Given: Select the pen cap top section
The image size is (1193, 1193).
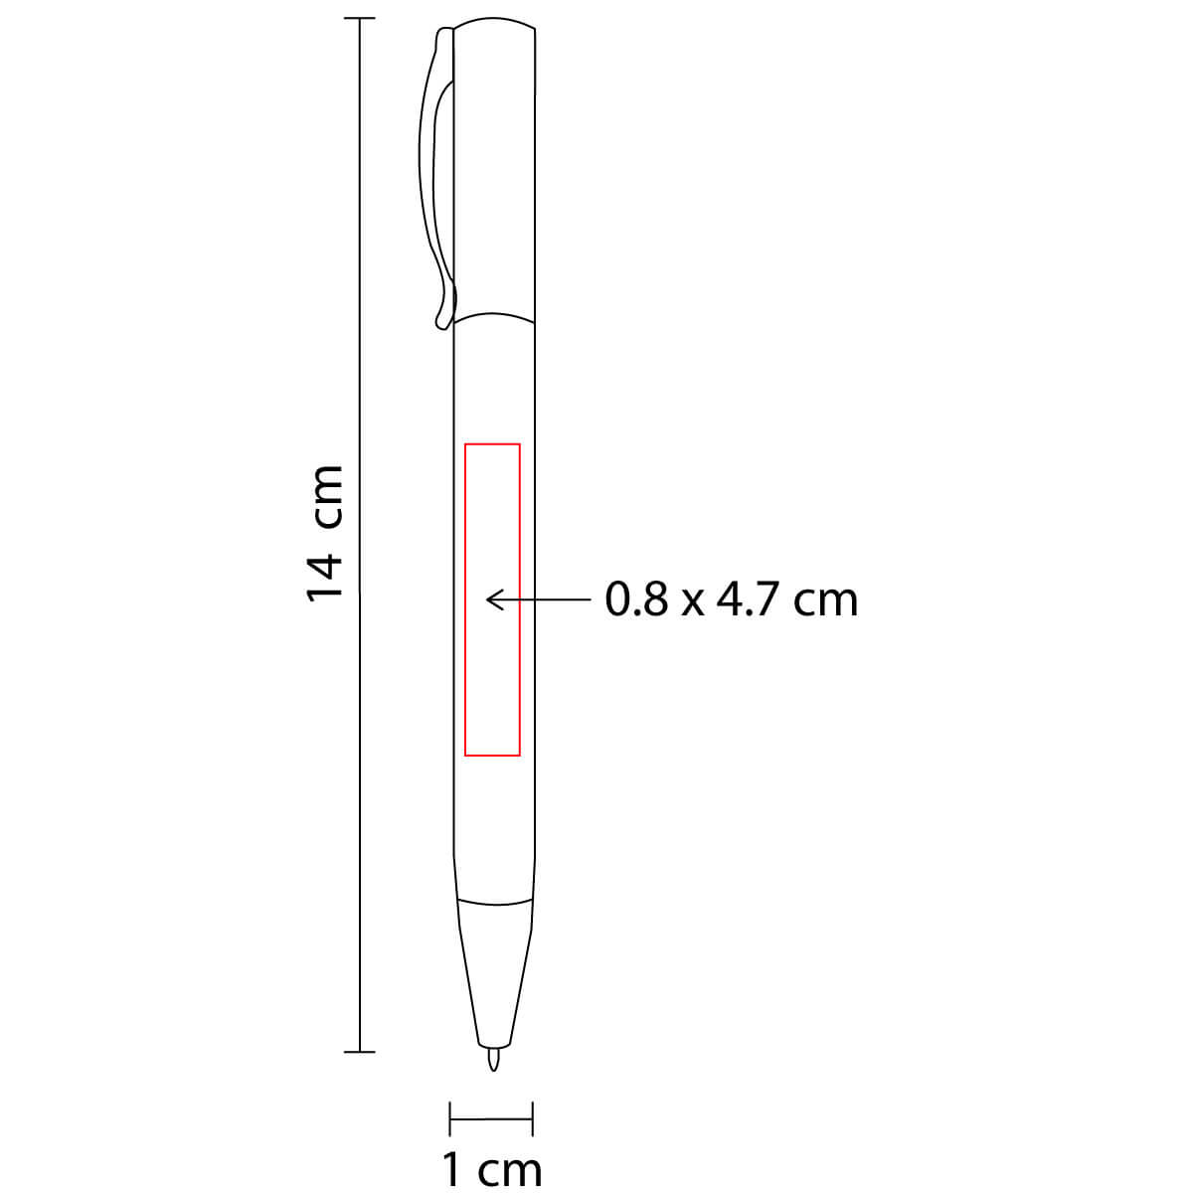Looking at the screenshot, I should [495, 169].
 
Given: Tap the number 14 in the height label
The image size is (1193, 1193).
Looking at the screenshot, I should [325, 576].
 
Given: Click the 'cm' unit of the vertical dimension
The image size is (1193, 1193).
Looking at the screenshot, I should [325, 497].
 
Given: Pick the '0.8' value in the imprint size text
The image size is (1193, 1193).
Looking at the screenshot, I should [636, 599].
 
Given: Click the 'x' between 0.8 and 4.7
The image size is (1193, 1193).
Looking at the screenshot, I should [692, 602].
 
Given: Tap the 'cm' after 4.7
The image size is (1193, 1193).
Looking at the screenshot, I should [824, 601].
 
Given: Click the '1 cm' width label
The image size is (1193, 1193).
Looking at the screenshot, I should [492, 1168].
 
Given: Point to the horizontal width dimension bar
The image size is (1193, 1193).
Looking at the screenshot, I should [492, 1117].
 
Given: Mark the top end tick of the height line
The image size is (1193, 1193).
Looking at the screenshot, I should [359, 19].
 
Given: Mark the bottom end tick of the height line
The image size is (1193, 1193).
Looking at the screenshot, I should [359, 1051].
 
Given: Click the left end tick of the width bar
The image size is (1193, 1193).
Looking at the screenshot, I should [450, 1117].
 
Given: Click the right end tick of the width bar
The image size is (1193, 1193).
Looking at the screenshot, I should [534, 1117].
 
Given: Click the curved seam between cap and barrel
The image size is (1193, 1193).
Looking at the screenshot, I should [495, 317].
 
